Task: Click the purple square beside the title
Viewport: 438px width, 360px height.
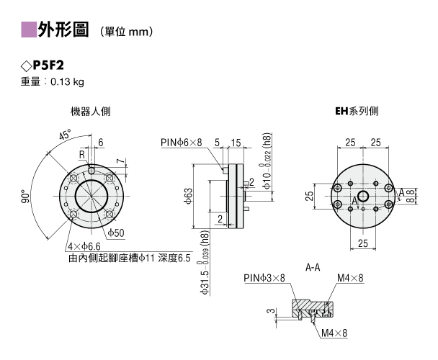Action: (x=29, y=30)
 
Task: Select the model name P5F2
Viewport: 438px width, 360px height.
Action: (x=48, y=66)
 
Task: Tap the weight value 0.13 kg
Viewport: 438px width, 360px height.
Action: (x=67, y=82)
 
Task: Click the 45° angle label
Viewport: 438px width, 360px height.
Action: (x=66, y=135)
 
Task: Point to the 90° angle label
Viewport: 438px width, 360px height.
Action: (x=26, y=197)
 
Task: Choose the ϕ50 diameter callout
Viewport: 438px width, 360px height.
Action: (x=116, y=233)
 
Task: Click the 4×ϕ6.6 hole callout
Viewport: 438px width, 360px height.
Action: (x=84, y=246)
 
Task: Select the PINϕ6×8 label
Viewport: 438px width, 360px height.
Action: (x=181, y=143)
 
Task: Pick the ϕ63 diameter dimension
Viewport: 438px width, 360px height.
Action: (x=189, y=196)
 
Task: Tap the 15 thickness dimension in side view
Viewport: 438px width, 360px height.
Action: (x=236, y=143)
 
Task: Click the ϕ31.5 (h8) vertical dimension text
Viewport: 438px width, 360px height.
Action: (x=205, y=263)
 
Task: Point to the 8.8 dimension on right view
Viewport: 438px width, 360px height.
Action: (x=410, y=196)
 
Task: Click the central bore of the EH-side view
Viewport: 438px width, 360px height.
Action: (x=362, y=196)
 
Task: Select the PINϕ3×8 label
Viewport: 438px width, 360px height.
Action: (x=264, y=278)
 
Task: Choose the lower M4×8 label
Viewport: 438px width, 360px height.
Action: (x=334, y=333)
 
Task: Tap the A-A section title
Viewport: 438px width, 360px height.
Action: (x=313, y=268)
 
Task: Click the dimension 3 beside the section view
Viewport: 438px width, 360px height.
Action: (x=271, y=310)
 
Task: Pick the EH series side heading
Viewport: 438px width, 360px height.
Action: (x=357, y=111)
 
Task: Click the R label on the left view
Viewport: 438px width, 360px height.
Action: (x=82, y=155)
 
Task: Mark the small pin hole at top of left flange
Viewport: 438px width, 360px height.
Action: (x=91, y=170)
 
